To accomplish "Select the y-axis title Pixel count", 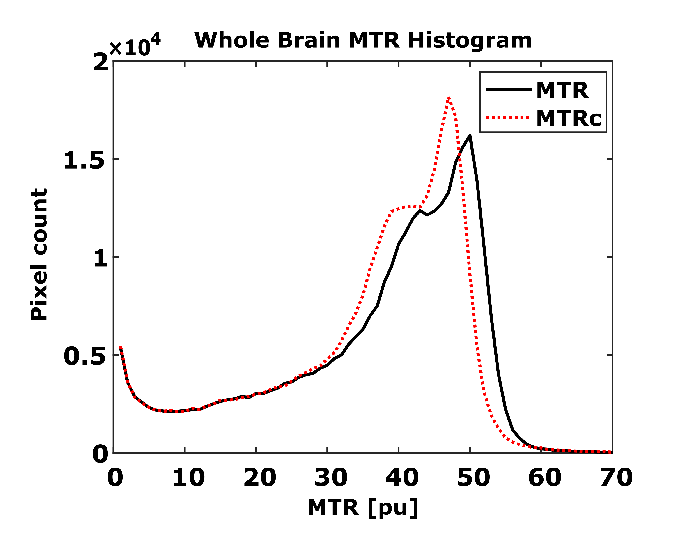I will pyautogui.click(x=39, y=254).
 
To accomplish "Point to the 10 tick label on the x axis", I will pyautogui.click(x=188, y=478).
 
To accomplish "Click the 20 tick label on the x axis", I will pyautogui.click(x=259, y=478).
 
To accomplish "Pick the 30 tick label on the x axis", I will pyautogui.click(x=331, y=478).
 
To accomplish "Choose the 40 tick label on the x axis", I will pyautogui.click(x=402, y=478).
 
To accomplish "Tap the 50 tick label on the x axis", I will pyautogui.click(x=473, y=478).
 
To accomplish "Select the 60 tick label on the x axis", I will pyautogui.click(x=544, y=478).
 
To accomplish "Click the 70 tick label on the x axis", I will pyautogui.click(x=616, y=478).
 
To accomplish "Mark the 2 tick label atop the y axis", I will pyautogui.click(x=100, y=63).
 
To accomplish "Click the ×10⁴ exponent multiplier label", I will pyautogui.click(x=135, y=46).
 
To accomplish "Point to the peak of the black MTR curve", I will pyautogui.click(x=470, y=135).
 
